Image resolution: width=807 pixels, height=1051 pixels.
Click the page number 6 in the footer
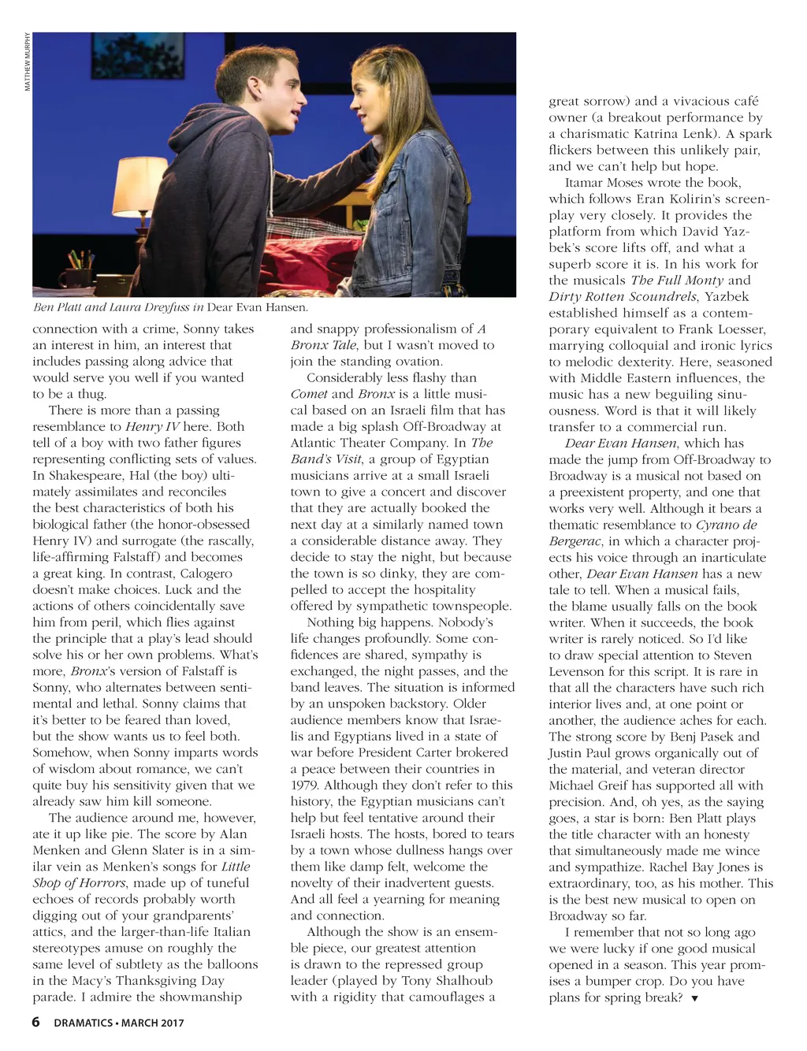pos(36,1022)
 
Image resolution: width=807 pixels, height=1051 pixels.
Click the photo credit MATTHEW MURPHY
pos(28,61)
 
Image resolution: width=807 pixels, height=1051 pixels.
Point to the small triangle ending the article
pos(694,999)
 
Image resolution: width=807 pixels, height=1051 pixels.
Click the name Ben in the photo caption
pos(44,307)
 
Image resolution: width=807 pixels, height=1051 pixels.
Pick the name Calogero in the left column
pos(206,573)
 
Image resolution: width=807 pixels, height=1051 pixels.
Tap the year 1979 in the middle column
pos(305,785)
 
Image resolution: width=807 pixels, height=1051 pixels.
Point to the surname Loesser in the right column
pos(734,329)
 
